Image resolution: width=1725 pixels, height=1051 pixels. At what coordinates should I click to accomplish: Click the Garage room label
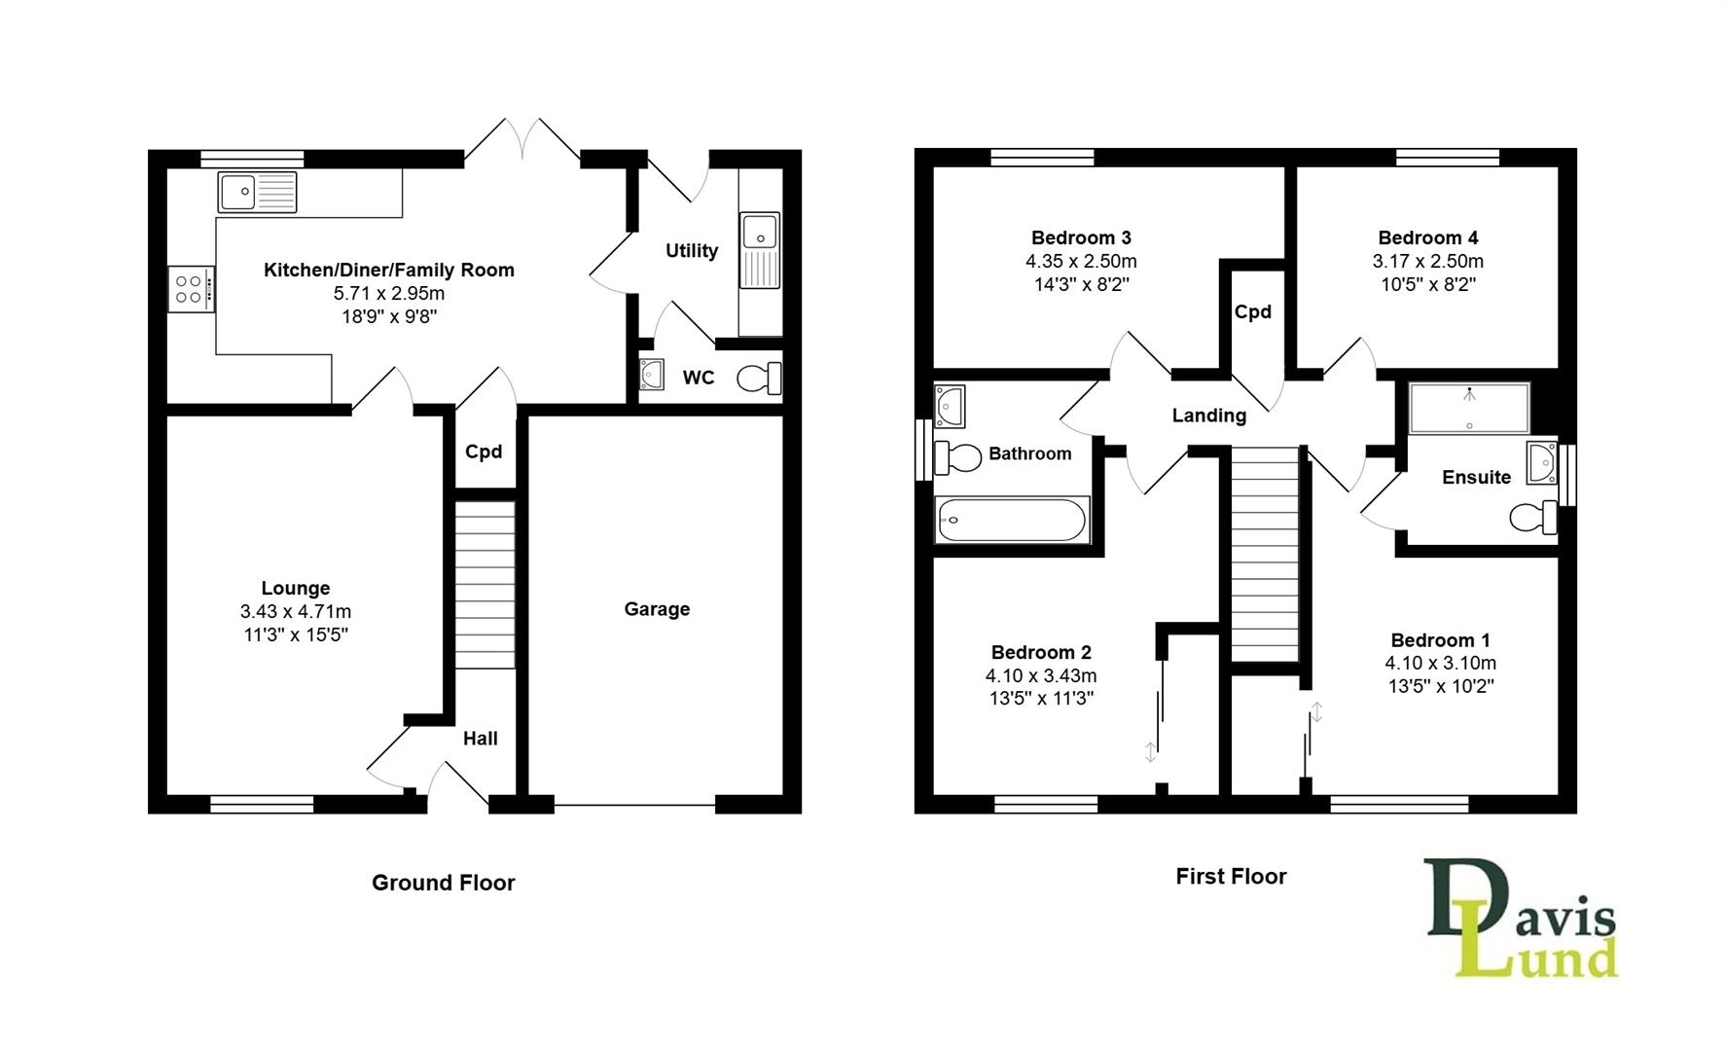657,609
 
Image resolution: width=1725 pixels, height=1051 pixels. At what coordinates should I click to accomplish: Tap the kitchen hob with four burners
190,289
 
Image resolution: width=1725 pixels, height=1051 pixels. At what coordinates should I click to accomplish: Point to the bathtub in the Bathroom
1011,520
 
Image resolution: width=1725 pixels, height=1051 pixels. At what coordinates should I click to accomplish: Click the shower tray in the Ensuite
1469,408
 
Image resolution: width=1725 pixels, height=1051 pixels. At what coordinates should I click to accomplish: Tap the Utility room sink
759,250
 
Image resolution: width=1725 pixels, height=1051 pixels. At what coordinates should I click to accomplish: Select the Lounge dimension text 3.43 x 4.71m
296,612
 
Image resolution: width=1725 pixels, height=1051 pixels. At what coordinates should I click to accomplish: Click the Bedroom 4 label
1427,237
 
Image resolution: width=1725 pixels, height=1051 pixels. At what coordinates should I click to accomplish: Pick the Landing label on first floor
1208,416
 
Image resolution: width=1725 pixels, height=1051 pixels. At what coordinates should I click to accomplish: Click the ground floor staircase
485,585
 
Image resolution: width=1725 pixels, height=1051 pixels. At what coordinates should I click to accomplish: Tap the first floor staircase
1265,555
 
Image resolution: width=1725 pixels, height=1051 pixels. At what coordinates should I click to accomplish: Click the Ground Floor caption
443,883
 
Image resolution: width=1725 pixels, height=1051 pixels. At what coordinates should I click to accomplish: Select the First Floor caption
1231,877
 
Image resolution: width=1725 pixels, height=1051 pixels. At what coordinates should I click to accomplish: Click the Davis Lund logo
1521,918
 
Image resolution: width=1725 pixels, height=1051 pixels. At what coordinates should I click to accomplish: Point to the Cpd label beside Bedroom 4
1252,312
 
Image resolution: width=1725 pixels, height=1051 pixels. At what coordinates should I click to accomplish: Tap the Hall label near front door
480,739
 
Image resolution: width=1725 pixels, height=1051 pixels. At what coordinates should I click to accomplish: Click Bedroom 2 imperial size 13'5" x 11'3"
1041,698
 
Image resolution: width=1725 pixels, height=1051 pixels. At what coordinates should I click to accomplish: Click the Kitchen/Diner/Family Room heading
389,270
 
